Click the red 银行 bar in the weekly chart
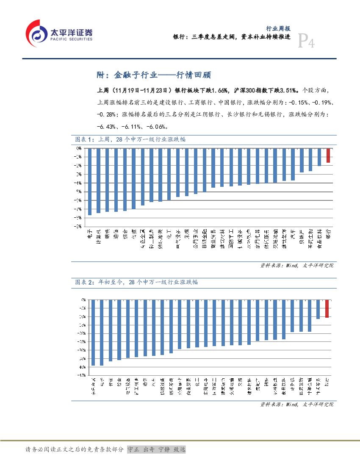[328, 156]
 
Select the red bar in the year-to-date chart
[327, 308]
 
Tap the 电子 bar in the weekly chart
[89, 182]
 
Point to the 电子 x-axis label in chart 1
[89, 234]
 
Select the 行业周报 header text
[278, 28]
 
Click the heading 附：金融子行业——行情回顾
[154, 75]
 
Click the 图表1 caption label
[84, 139]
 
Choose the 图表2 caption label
[84, 282]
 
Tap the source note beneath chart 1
[296, 266]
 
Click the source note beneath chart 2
[296, 405]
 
